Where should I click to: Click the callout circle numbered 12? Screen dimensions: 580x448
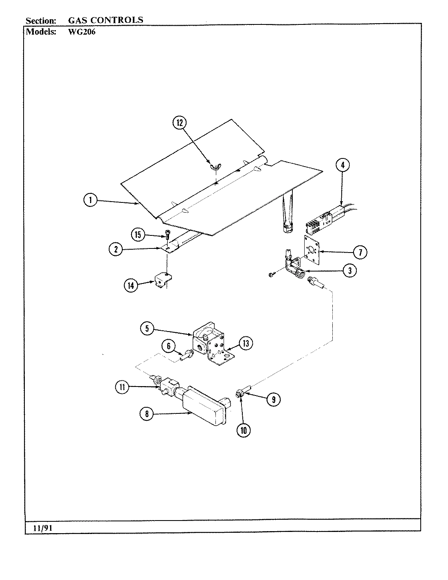point(180,123)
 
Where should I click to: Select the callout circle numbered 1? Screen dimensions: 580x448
point(90,200)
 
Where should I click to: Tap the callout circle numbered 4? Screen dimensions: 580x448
point(343,165)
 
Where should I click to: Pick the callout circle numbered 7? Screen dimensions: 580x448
point(360,252)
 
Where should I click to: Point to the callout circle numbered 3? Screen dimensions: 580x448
point(349,270)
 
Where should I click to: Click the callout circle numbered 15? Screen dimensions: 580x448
point(138,235)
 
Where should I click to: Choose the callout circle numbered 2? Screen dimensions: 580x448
point(116,249)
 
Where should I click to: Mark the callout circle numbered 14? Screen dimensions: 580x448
point(131,286)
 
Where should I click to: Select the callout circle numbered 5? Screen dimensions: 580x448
point(147,328)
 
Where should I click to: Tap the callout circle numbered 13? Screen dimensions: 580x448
point(245,343)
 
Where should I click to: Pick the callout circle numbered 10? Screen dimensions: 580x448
point(244,431)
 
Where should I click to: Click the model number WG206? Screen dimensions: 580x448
point(81,32)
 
